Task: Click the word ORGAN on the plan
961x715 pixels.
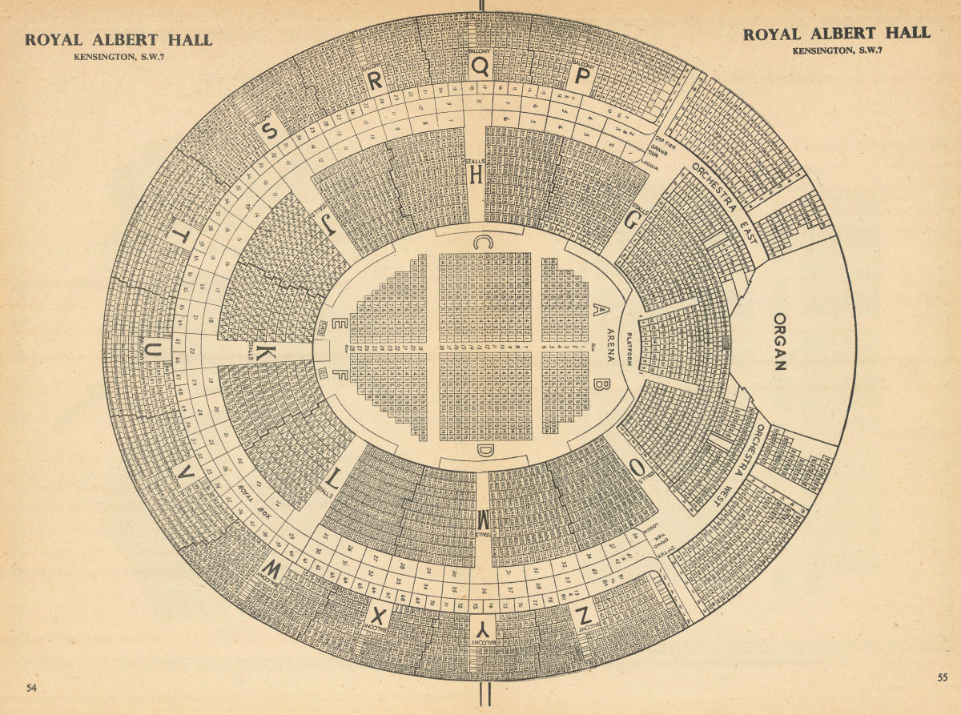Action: pyautogui.click(x=779, y=342)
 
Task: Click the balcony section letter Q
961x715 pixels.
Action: pyautogui.click(x=480, y=66)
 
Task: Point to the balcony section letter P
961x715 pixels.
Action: pyautogui.click(x=583, y=75)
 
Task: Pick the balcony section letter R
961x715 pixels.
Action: pyautogui.click(x=375, y=80)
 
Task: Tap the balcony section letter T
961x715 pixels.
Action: pyautogui.click(x=183, y=236)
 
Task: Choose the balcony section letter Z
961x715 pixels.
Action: pyautogui.click(x=583, y=615)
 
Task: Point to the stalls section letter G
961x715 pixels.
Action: pyautogui.click(x=630, y=223)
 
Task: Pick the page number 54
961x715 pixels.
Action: pyautogui.click(x=32, y=688)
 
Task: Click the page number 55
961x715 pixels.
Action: pyautogui.click(x=942, y=677)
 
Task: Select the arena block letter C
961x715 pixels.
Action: pyautogui.click(x=482, y=241)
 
